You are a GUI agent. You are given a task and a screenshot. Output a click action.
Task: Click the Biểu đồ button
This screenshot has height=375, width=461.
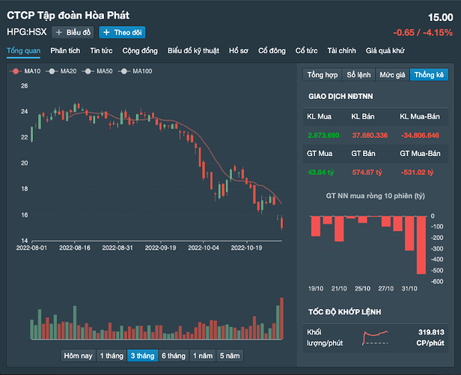click(x=73, y=32)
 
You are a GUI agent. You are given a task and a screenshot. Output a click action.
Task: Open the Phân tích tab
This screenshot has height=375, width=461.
click(x=64, y=51)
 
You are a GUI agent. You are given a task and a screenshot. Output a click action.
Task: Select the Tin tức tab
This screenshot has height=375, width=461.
click(x=101, y=51)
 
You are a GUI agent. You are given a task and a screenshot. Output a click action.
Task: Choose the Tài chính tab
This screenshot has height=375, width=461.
click(x=342, y=51)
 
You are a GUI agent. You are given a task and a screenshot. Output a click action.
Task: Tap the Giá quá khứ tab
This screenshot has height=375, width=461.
click(x=385, y=51)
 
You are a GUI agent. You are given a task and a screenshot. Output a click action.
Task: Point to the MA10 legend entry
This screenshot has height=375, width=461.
click(x=27, y=70)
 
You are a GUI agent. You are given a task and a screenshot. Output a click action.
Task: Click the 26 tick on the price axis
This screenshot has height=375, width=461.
click(x=24, y=86)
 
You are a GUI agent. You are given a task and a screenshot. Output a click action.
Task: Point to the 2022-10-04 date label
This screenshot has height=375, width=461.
click(x=203, y=247)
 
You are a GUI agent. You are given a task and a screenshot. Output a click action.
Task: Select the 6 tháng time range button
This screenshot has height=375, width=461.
click(x=173, y=355)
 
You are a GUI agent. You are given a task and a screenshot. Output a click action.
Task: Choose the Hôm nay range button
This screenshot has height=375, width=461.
click(x=79, y=355)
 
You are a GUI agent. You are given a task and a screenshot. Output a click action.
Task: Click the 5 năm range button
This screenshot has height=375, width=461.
click(x=230, y=355)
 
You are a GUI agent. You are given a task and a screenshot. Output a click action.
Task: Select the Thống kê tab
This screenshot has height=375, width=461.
click(x=429, y=75)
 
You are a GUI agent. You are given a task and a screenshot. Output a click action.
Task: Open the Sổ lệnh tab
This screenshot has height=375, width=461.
click(x=359, y=75)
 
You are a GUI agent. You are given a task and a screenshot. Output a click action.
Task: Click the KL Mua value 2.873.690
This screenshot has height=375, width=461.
click(x=323, y=135)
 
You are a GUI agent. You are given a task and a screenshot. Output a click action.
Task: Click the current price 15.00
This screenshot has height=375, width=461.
click(x=440, y=17)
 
